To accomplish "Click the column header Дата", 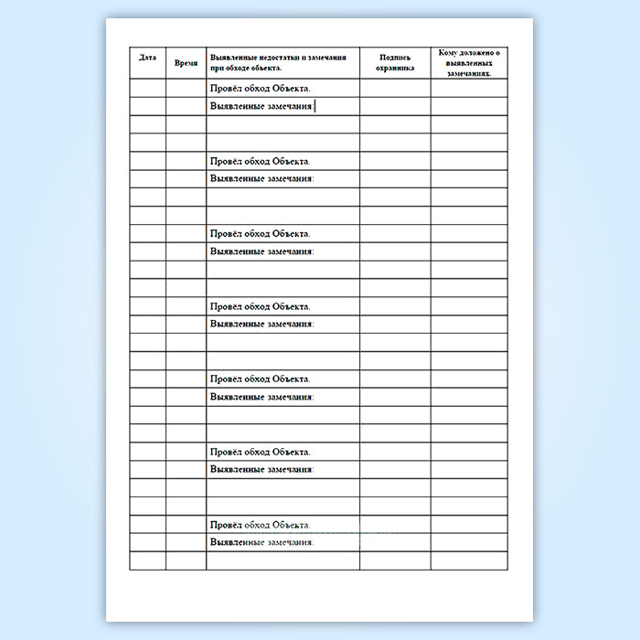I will [147, 58].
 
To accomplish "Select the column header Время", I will [186, 64].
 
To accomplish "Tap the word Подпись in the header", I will [395, 57].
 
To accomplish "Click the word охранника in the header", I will [395, 68].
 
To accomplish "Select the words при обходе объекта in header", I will [246, 68].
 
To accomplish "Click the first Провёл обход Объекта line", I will [260, 89].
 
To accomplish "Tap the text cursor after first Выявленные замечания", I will [315, 106].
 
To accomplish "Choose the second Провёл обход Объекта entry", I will [260, 161].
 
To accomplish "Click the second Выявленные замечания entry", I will [261, 178].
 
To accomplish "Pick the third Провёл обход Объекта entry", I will [260, 234].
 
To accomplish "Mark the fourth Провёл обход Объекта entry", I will [260, 306].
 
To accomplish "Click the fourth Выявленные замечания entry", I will [261, 324].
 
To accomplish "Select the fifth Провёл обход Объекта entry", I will [260, 379].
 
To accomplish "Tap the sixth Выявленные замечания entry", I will [261, 469].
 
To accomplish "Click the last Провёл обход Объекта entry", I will [260, 525].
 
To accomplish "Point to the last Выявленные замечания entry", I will [261, 542].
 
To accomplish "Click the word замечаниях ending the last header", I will [468, 72].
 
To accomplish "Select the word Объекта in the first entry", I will [292, 89].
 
